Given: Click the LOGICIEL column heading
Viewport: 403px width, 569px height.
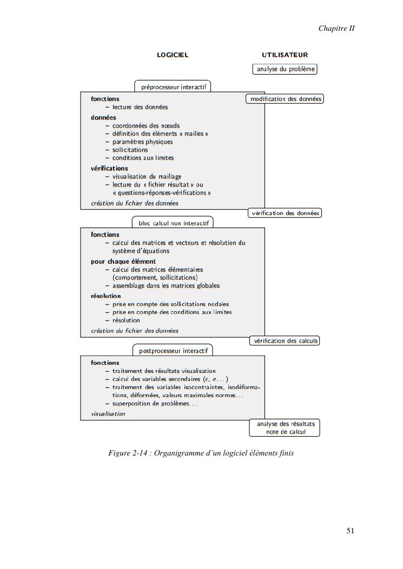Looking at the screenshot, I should [173, 55].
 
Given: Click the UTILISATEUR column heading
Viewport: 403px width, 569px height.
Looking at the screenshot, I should [285, 55].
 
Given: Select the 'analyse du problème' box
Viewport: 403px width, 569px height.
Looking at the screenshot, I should [285, 69].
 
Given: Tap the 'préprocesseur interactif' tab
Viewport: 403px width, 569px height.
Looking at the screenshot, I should [173, 86].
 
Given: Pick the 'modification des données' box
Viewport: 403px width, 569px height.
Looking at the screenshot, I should [285, 99].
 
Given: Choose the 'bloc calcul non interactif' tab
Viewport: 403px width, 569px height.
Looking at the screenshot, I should [173, 223].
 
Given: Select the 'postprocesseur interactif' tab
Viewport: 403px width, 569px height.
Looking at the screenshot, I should [173, 351].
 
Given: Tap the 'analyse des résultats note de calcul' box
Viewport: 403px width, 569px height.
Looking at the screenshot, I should [285, 427].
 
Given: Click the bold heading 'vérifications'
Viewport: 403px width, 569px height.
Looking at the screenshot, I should [109, 168].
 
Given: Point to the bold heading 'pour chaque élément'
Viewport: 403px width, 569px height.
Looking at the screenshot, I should [123, 262].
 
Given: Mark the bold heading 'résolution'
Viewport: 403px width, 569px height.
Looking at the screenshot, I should [105, 296].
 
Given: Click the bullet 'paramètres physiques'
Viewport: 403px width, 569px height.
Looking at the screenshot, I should [142, 142].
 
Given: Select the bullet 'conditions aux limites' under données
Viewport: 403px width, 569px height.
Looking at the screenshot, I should [143, 158].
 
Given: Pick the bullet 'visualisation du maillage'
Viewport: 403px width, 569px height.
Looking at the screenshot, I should [147, 176].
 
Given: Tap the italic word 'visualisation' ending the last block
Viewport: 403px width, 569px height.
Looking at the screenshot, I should [108, 414].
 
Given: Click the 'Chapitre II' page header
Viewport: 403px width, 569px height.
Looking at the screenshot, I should [336, 28].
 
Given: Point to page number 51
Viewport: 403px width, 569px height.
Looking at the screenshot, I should [350, 531].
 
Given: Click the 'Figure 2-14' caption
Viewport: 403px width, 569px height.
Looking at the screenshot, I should [201, 453].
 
